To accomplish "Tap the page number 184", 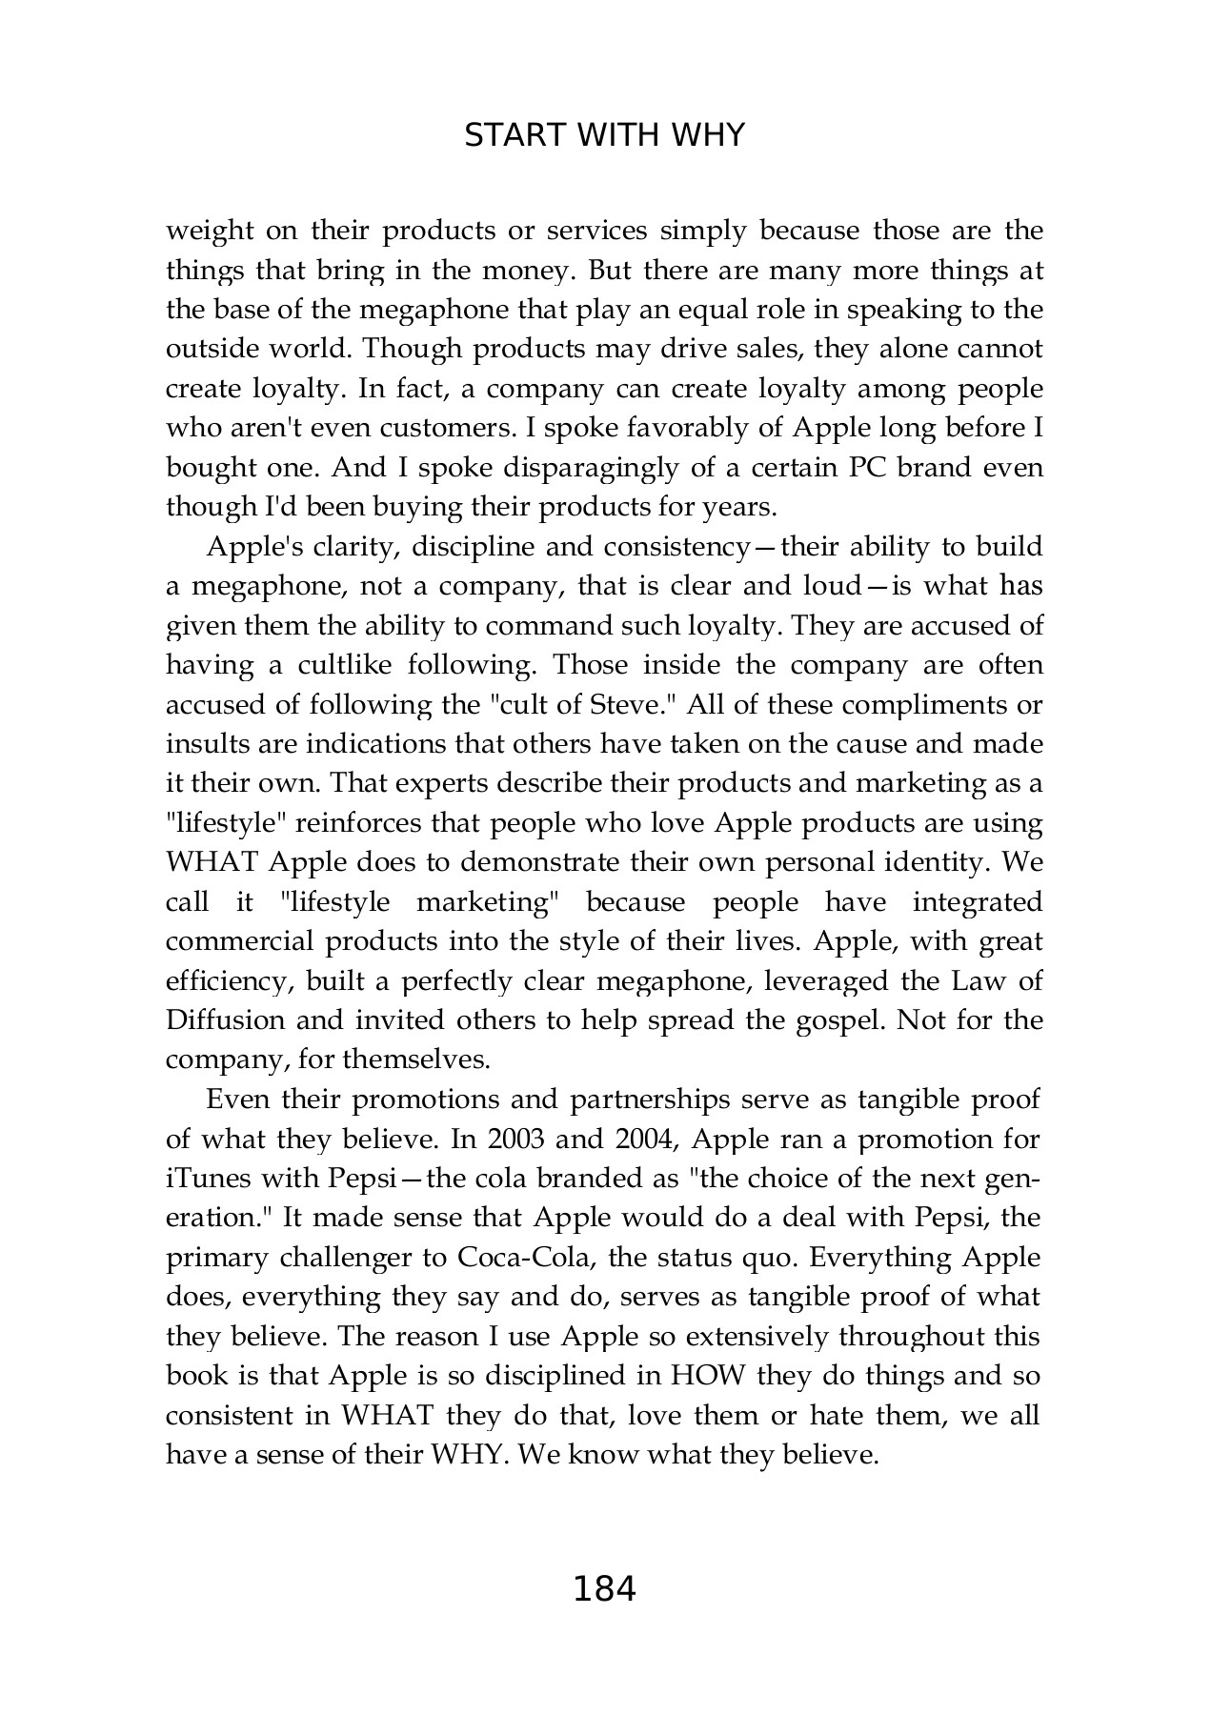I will click(x=604, y=1590).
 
